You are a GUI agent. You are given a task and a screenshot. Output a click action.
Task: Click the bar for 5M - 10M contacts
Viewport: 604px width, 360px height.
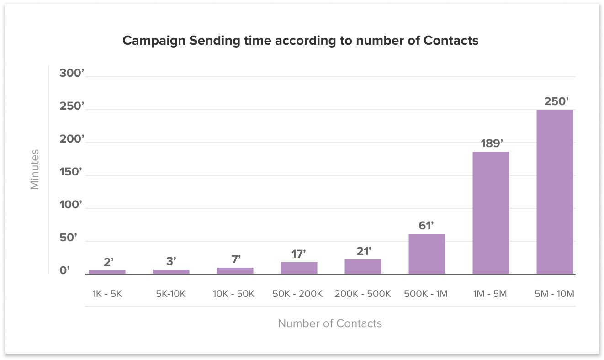[555, 192]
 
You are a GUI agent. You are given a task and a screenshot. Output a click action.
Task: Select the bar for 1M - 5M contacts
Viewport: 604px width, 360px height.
[491, 213]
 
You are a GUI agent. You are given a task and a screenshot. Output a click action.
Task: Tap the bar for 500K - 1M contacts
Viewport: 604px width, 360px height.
[427, 254]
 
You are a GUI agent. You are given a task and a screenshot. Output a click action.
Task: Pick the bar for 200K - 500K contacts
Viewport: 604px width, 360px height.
[363, 267]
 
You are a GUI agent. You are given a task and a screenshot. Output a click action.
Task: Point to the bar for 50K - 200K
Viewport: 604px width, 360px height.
[299, 268]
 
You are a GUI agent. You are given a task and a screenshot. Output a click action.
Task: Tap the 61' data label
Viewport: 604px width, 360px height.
[426, 225]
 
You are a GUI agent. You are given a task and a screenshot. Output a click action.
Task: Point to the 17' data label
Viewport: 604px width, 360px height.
[299, 254]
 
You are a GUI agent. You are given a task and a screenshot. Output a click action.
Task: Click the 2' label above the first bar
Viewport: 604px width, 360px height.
[109, 262]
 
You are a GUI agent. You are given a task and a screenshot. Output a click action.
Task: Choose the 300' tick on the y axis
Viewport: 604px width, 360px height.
[72, 74]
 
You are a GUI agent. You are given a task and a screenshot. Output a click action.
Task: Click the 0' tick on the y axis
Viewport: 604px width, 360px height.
[65, 271]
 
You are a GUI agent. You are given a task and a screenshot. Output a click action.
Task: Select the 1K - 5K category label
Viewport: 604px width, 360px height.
[107, 294]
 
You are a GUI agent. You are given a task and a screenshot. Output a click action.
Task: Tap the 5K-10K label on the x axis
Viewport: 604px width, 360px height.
[171, 294]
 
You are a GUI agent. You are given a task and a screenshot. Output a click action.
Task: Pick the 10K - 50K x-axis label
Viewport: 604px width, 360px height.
[233, 294]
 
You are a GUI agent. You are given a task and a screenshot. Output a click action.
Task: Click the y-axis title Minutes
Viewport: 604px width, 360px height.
[35, 169]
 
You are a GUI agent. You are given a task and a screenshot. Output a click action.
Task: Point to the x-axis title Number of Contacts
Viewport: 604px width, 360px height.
[329, 323]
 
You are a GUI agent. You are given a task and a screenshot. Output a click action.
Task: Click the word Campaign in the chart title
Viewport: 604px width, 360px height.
[154, 41]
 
